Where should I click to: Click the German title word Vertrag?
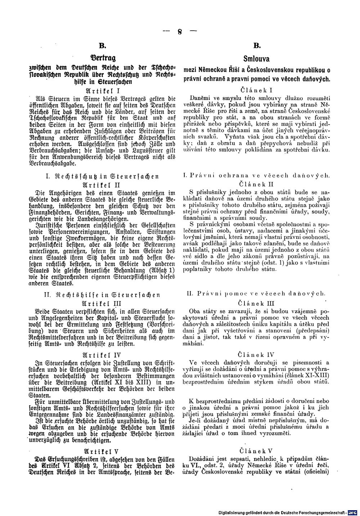[x=103, y=58]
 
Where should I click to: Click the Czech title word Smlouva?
[x=256, y=59]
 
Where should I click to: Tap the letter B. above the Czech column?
[x=256, y=46]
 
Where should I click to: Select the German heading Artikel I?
[x=103, y=90]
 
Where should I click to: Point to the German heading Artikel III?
[x=103, y=303]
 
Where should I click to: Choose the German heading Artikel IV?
[x=103, y=354]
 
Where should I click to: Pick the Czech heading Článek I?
[x=256, y=90]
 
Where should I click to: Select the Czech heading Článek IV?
[x=256, y=354]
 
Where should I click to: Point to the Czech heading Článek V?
[x=256, y=450]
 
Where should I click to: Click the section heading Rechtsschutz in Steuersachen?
[x=103, y=176]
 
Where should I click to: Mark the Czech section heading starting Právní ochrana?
[x=256, y=176]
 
